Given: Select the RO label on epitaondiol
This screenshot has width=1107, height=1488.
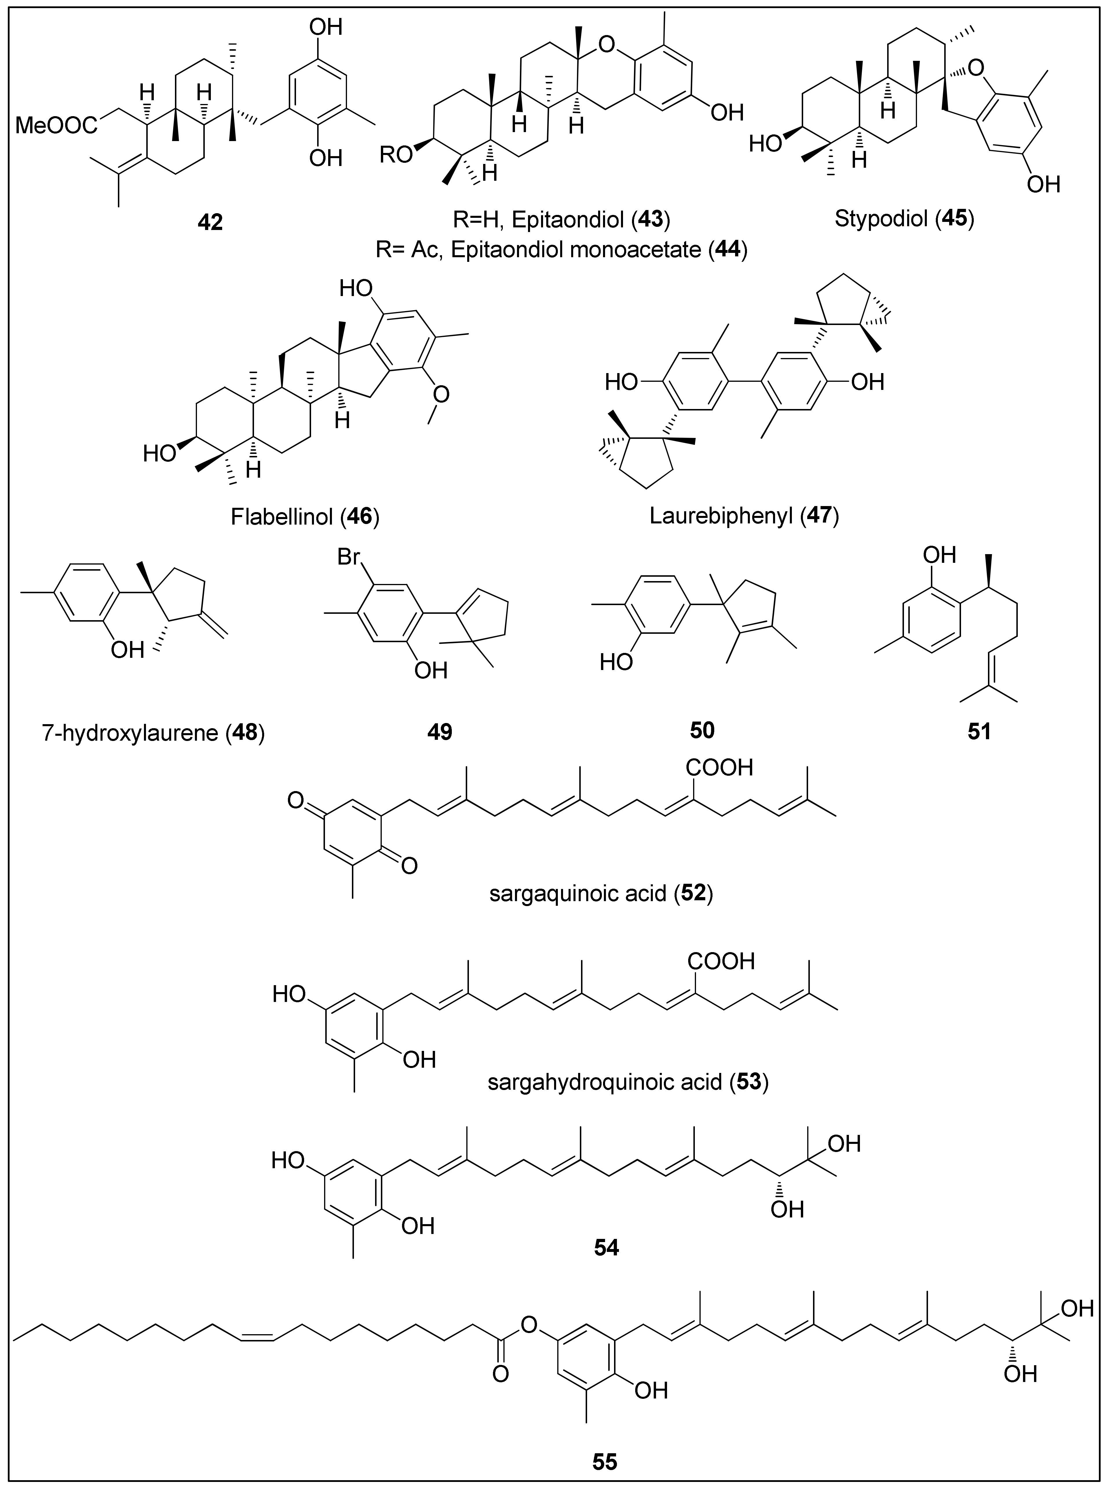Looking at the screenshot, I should [396, 156].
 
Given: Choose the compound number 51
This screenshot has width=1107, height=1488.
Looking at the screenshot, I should [979, 731].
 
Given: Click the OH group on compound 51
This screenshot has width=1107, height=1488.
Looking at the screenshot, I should [940, 555].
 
